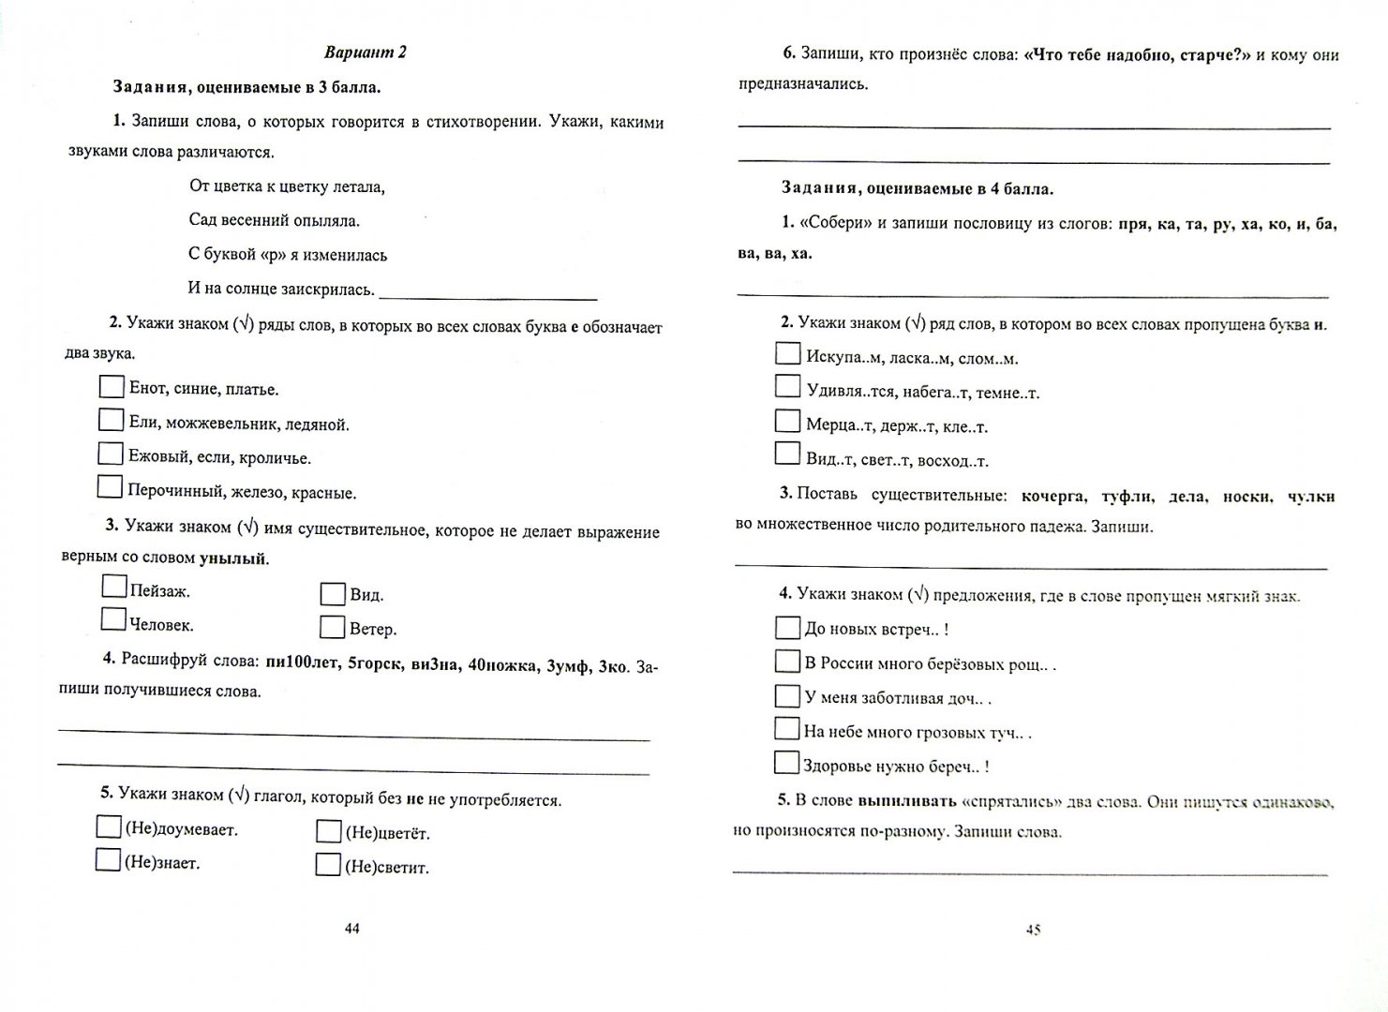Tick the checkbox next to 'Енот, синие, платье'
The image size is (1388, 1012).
click(111, 387)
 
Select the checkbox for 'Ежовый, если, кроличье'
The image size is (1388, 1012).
click(111, 454)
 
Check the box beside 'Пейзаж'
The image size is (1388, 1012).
click(113, 588)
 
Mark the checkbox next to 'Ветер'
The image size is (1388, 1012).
click(332, 627)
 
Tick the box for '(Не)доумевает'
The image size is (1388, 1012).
click(108, 827)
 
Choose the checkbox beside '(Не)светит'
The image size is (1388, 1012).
click(328, 865)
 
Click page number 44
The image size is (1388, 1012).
click(351, 929)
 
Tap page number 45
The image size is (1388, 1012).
click(1034, 930)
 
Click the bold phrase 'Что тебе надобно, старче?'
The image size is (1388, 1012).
click(1138, 54)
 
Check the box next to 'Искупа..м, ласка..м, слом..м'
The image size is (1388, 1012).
click(788, 354)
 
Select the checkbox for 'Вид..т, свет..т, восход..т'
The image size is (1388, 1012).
click(787, 454)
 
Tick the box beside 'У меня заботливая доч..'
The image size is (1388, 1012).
click(786, 696)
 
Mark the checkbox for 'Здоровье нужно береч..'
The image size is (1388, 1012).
click(785, 763)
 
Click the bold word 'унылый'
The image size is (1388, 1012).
click(232, 558)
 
